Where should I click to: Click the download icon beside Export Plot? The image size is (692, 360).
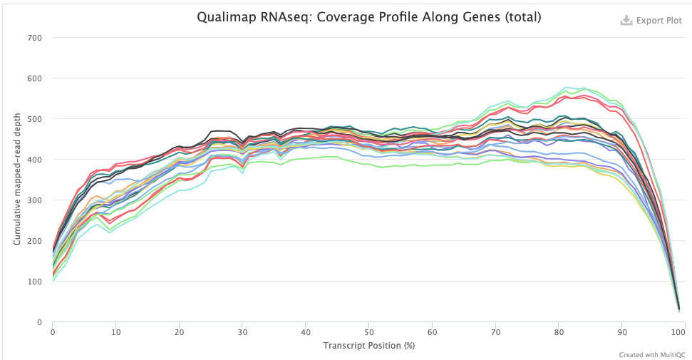coord(626,21)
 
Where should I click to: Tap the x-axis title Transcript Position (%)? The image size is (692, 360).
coord(368,345)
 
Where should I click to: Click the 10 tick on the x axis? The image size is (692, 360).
coord(115,332)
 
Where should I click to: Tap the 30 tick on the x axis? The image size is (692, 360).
coord(242,332)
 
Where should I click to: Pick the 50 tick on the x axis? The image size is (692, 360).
coord(368,332)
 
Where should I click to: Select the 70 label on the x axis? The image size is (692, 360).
coord(495,332)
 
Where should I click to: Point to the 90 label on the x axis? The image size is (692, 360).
coord(621,332)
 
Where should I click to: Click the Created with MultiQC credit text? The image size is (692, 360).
coord(651,354)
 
